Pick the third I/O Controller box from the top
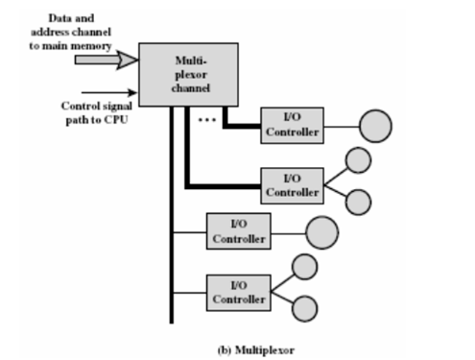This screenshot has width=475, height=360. click(x=238, y=230)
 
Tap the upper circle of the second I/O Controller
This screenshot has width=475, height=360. click(x=358, y=160)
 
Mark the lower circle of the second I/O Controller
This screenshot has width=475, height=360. click(x=358, y=201)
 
